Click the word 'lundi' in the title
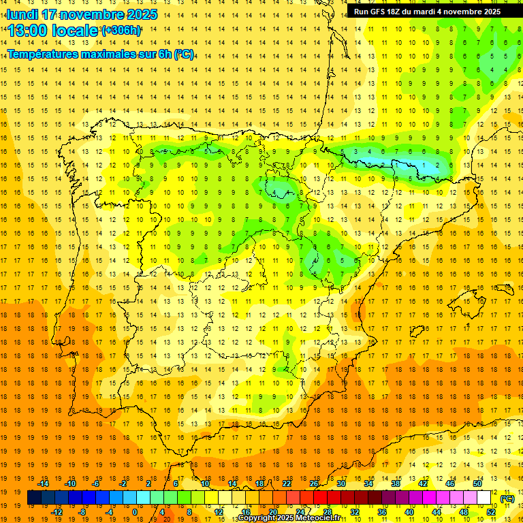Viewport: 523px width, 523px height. tap(22, 14)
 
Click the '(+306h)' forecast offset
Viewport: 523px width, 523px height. tap(122, 31)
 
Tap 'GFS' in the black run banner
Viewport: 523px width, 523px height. tap(380, 12)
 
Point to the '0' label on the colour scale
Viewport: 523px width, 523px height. tap(135, 512)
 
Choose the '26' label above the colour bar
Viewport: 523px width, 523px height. tap(314, 484)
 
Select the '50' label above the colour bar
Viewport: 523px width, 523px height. tap(477, 484)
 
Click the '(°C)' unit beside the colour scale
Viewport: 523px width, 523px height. tap(507, 498)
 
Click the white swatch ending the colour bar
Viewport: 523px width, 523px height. tap(484, 498)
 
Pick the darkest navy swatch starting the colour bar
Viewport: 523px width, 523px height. tap(33, 498)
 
